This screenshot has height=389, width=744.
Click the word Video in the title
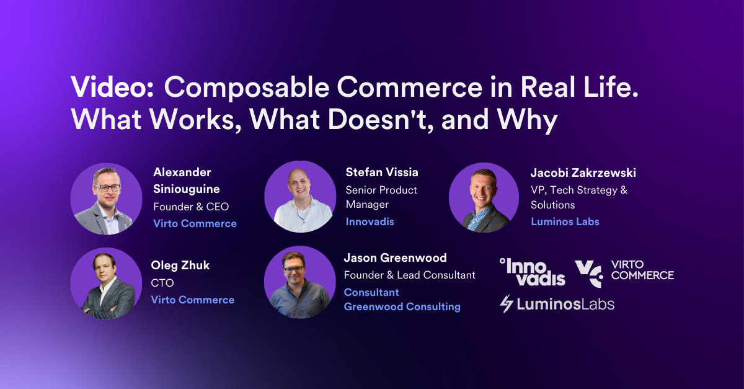click(x=112, y=89)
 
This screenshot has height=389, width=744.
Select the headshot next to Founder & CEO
click(x=106, y=198)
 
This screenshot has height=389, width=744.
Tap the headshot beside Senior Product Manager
click(x=300, y=197)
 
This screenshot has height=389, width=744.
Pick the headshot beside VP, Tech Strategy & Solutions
click(x=484, y=198)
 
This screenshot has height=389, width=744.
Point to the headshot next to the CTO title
click(x=106, y=283)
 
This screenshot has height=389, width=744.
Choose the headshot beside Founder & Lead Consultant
click(x=300, y=282)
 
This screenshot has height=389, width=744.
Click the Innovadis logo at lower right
click(x=532, y=272)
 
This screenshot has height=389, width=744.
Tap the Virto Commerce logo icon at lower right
click(x=588, y=274)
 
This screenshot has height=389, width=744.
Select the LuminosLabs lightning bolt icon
click(x=507, y=304)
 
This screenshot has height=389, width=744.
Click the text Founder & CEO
click(x=191, y=207)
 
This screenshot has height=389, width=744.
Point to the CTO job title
click(x=162, y=283)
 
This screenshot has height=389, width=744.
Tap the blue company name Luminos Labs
click(x=565, y=221)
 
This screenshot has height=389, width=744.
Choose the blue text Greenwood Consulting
click(x=402, y=306)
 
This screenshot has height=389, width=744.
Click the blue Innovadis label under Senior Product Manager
click(x=370, y=221)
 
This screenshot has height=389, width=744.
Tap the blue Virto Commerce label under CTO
click(x=192, y=300)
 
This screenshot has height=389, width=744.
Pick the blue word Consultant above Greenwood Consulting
click(x=371, y=292)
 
